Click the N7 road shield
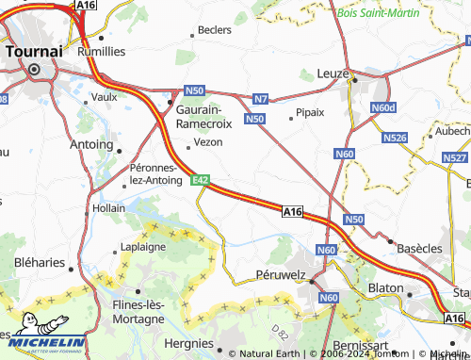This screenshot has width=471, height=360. tap(261, 98)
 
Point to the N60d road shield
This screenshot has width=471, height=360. tap(383, 108)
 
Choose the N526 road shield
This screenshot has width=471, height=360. tap(395, 138)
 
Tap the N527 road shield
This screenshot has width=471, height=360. tap(454, 157)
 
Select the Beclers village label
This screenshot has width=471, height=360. tap(215, 30)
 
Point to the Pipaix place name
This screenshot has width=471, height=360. tap(309, 111)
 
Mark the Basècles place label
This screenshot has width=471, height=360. tap(419, 248)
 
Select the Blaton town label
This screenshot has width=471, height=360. tap(386, 288)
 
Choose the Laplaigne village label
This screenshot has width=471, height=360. tap(143, 247)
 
